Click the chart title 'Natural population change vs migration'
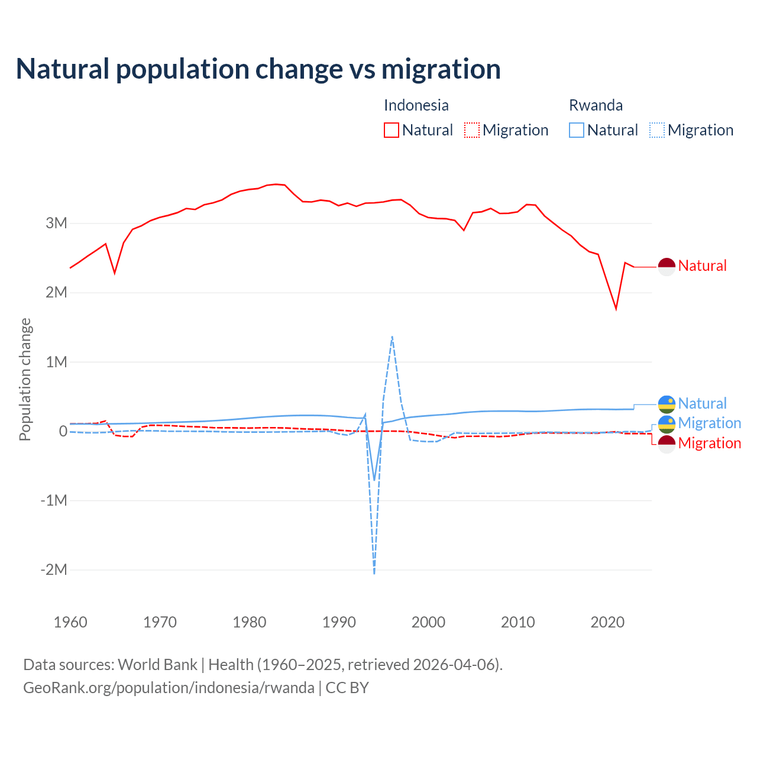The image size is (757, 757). point(258,69)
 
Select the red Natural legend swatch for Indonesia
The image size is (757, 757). point(391,130)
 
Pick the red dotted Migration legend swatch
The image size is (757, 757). point(471,130)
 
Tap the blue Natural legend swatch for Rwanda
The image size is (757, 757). point(576,130)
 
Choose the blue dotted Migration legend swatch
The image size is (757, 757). point(656,130)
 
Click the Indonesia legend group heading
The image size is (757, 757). point(416,105)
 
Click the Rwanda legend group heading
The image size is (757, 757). point(596,105)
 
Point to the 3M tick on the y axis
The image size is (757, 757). point(57,224)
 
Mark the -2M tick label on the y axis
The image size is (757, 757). point(54,570)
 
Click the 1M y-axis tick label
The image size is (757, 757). point(57,362)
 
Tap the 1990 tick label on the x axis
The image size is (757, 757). point(339,622)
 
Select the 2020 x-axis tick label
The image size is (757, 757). point(607,622)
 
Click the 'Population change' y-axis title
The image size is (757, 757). point(25,379)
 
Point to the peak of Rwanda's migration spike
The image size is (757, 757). point(392,337)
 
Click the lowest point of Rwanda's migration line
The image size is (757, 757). point(374,573)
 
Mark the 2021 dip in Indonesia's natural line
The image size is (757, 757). point(616,309)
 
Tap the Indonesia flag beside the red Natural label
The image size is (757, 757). point(667,267)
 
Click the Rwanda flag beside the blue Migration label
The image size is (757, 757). point(667,424)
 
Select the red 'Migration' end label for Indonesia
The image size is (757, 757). point(709,443)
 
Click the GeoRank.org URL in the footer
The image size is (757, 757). point(169,688)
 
